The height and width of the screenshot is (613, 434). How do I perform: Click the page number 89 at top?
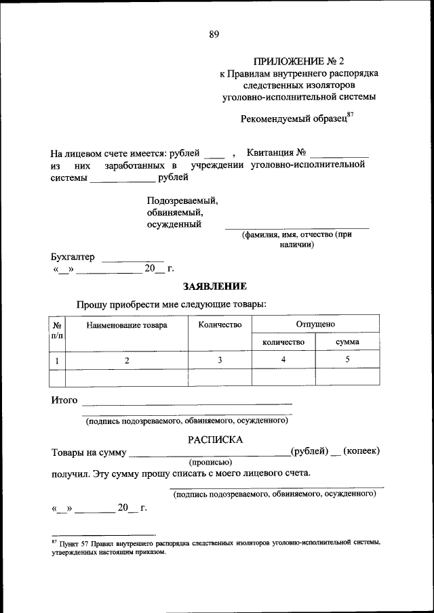pyautogui.click(x=214, y=35)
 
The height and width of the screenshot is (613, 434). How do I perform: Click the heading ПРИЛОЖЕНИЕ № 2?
pyautogui.click(x=299, y=61)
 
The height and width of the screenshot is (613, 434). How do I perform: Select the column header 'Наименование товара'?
pyautogui.click(x=127, y=325)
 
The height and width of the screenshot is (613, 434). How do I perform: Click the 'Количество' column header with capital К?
pyautogui.click(x=220, y=325)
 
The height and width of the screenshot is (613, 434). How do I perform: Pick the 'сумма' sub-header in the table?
pyautogui.click(x=347, y=342)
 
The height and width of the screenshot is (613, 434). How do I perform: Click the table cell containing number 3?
pyautogui.click(x=220, y=360)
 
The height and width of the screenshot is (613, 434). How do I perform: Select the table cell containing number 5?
pyautogui.click(x=347, y=360)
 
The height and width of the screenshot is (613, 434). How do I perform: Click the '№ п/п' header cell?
pyautogui.click(x=58, y=330)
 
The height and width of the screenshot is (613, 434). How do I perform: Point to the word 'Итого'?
pyautogui.click(x=64, y=400)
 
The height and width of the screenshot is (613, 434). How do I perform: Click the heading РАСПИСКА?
pyautogui.click(x=215, y=440)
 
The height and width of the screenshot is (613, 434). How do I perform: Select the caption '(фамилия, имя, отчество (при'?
pyautogui.click(x=296, y=234)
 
